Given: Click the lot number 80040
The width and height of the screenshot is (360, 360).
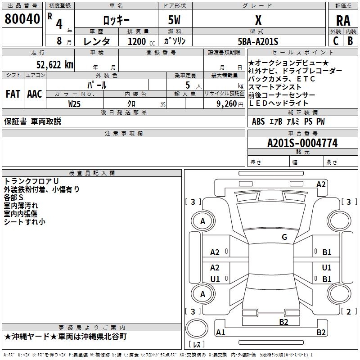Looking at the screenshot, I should [x=22, y=19].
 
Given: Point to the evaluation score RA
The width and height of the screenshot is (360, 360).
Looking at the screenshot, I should [x=343, y=21].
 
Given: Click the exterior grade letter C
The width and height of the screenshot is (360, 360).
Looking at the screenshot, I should [x=336, y=40].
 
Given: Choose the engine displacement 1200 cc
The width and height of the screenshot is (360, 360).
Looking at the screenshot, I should [x=141, y=41].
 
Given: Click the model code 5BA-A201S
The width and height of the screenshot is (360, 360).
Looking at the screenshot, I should [x=258, y=41].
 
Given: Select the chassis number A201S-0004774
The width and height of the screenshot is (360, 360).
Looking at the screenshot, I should [x=302, y=144].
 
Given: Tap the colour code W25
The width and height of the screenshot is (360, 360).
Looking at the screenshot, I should [x=74, y=103].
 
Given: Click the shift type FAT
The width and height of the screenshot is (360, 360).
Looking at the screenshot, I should [x=13, y=94].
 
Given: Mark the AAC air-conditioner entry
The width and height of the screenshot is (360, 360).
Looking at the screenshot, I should [x=35, y=94].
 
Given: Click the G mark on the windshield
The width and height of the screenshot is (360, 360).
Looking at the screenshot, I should [x=284, y=237].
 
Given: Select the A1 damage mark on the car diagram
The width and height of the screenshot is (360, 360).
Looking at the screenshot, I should [x=220, y=333].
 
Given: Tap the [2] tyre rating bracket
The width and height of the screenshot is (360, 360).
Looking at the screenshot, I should [x=346, y=311].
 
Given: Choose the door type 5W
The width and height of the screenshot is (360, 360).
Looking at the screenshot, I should [x=175, y=21].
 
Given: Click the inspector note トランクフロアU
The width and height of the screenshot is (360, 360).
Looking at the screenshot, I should [x=31, y=181].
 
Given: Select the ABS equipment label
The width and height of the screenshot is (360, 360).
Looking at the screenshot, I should [x=258, y=121].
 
